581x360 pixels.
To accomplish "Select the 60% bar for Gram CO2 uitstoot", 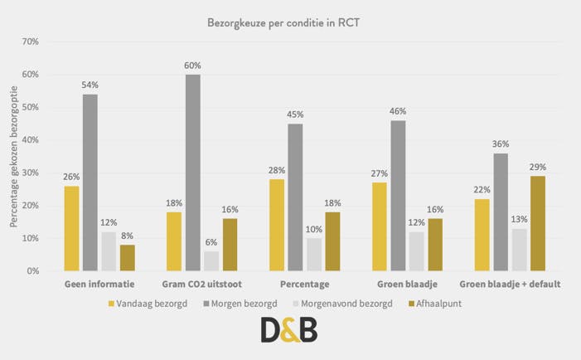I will tap(192, 173).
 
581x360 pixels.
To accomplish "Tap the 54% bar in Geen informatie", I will tap(90, 182).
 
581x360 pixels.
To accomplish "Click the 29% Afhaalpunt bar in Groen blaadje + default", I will tap(538, 223).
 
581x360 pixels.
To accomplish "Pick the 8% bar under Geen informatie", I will tap(127, 257).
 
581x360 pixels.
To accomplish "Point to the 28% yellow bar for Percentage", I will tap(277, 225).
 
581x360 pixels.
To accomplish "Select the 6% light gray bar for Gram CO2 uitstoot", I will tap(211, 260).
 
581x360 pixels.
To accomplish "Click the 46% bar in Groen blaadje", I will tap(398, 196).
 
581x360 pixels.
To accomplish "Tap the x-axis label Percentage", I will tap(296, 285).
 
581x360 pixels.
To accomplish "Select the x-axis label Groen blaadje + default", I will tap(510, 285).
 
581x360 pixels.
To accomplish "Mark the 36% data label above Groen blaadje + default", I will tap(501, 144).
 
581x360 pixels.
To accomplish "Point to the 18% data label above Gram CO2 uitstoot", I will tap(174, 203).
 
